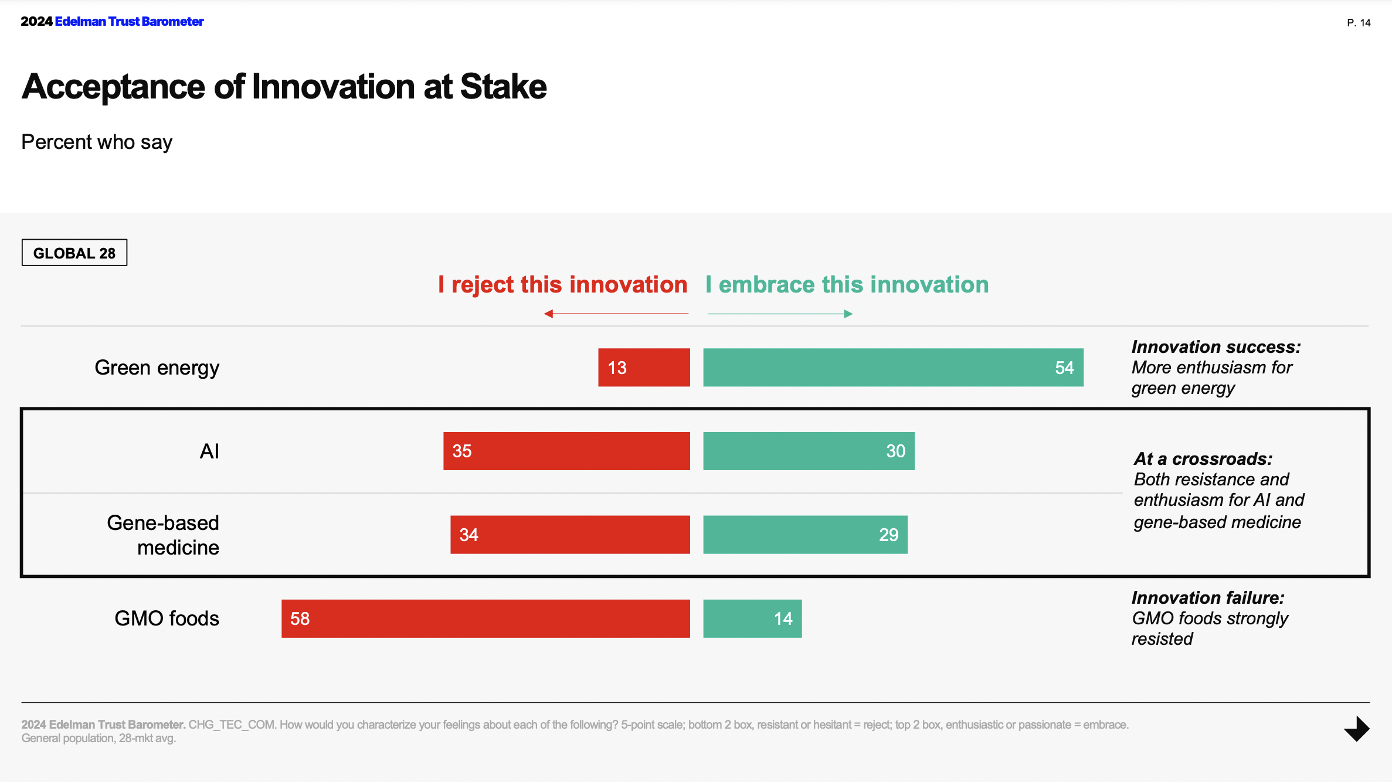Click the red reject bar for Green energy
click(644, 368)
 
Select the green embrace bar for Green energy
click(892, 368)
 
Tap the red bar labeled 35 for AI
click(566, 451)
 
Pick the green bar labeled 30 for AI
click(809, 451)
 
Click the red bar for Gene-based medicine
click(570, 535)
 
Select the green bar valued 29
click(805, 535)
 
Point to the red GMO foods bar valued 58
click(485, 618)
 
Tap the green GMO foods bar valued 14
click(752, 618)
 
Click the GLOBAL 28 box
click(74, 253)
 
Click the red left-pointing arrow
click(616, 314)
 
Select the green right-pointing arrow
click(780, 314)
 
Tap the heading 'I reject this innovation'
click(563, 285)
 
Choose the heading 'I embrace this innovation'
click(847, 285)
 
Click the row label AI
click(209, 451)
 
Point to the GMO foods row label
click(167, 618)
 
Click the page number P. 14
click(1358, 23)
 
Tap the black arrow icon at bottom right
click(1357, 729)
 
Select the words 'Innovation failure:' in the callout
click(1208, 597)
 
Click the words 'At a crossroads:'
click(1203, 458)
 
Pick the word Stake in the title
click(503, 87)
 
